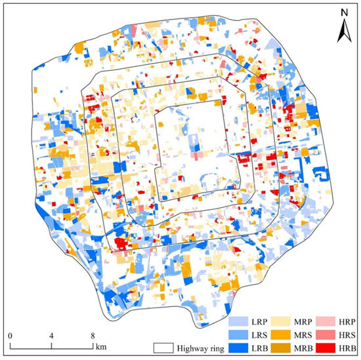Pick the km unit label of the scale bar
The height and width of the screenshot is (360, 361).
(100, 346)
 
